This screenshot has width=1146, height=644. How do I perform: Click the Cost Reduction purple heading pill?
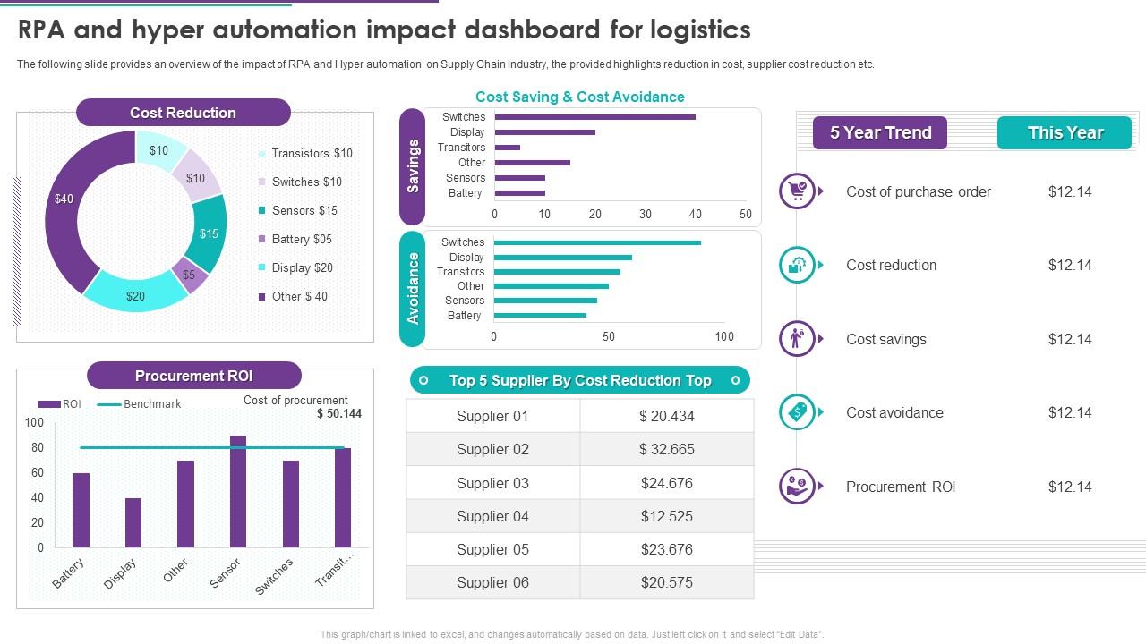click(x=183, y=113)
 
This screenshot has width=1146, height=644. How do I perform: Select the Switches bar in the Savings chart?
click(x=594, y=117)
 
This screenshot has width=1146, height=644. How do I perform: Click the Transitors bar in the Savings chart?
click(x=507, y=148)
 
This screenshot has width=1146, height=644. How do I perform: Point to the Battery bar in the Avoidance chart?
click(x=540, y=315)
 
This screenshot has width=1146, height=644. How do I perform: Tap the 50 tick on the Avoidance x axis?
click(x=609, y=337)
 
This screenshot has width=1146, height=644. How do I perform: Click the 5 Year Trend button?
click(x=880, y=132)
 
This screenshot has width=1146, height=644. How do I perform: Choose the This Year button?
click(x=1065, y=132)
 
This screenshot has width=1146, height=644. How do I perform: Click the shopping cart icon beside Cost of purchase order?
click(x=796, y=191)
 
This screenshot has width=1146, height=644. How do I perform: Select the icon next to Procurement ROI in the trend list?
click(x=796, y=487)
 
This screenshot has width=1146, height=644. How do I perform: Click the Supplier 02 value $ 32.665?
click(x=667, y=449)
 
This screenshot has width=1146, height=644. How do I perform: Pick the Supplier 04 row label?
click(x=492, y=516)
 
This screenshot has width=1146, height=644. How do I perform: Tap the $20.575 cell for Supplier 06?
click(x=667, y=582)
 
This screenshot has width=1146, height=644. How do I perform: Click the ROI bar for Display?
click(x=133, y=522)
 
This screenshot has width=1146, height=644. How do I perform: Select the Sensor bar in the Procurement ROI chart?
click(x=238, y=491)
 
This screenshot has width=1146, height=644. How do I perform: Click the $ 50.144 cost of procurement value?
click(x=339, y=413)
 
